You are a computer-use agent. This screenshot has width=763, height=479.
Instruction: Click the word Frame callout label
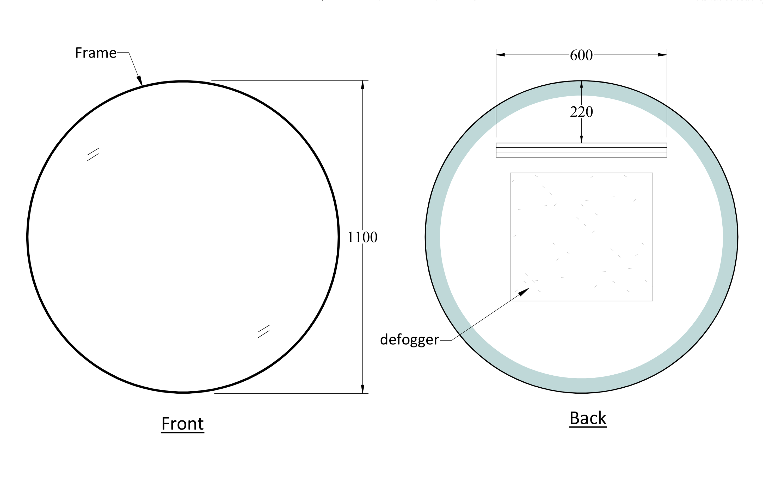tap(96, 53)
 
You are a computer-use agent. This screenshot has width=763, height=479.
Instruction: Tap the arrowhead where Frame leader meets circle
tap(140, 81)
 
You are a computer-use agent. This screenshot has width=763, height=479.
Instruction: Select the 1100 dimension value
tap(362, 237)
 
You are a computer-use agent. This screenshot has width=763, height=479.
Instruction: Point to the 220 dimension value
tap(581, 112)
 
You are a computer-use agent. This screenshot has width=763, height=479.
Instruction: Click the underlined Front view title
tap(182, 423)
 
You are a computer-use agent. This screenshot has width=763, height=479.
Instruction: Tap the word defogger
tap(409, 339)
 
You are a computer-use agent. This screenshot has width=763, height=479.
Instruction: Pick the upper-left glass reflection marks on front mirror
tap(93, 154)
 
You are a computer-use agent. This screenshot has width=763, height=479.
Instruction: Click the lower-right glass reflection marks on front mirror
tap(264, 331)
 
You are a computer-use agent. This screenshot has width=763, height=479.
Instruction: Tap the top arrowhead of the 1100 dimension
tap(362, 85)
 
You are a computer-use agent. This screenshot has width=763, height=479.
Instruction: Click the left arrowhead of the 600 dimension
tap(500, 55)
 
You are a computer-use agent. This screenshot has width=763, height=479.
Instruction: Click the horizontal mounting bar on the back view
tap(581, 150)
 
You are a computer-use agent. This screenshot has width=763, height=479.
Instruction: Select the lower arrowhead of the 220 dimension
tap(581, 139)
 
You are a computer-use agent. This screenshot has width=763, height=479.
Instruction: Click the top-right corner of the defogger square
tap(653, 173)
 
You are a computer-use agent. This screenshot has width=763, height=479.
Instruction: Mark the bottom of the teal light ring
tap(581, 385)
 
